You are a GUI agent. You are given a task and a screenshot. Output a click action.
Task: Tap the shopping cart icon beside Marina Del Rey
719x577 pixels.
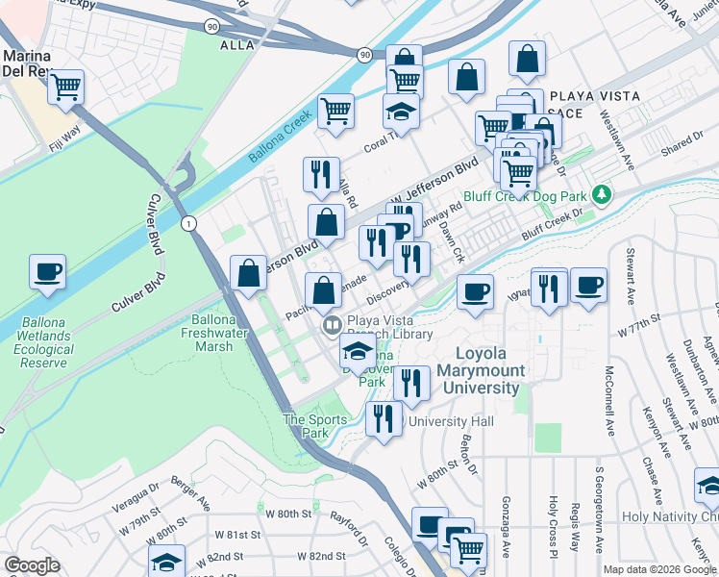click(66, 88)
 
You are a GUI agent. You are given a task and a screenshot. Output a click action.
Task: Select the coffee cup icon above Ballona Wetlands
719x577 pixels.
click(47, 272)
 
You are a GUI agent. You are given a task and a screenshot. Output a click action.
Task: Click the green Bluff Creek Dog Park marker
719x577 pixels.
click(602, 195)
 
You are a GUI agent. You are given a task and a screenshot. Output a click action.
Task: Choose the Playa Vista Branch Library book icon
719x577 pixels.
click(332, 325)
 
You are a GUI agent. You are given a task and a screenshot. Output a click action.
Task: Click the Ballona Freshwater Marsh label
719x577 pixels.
click(214, 334)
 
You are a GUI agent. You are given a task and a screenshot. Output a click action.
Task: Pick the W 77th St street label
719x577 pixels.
click(640, 323)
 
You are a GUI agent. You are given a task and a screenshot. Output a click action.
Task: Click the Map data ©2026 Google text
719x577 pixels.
click(659, 569)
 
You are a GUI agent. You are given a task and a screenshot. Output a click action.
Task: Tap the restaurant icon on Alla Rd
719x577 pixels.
click(320, 174)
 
